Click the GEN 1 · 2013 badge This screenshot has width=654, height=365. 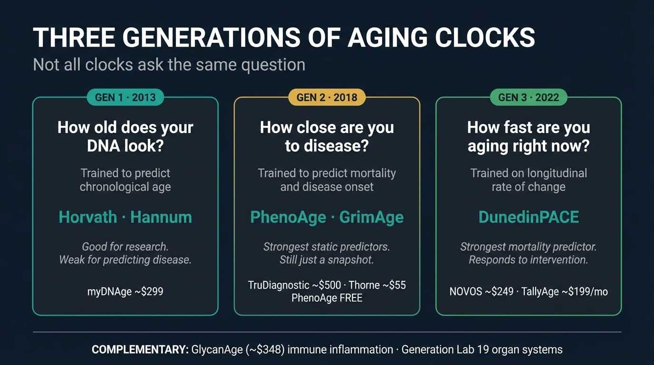[x=125, y=97]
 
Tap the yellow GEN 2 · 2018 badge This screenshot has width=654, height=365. [x=327, y=97]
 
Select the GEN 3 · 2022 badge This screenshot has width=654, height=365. [x=529, y=97]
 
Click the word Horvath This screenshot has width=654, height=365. [x=88, y=217]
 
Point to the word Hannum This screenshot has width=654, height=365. [x=161, y=217]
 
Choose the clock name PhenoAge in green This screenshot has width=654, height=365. [x=288, y=218]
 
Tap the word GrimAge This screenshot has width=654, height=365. [x=371, y=218]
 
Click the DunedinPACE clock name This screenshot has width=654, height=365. [x=529, y=217]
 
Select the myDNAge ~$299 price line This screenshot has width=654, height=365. [x=125, y=291]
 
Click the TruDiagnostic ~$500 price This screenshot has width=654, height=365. [x=295, y=285]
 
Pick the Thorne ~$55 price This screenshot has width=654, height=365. [x=377, y=285]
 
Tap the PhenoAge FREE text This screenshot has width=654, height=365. [x=327, y=298]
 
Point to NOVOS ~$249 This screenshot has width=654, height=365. [x=481, y=291]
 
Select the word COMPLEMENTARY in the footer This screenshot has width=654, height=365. [x=140, y=349]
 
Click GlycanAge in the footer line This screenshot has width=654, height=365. [x=217, y=349]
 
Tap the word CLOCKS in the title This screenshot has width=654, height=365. [x=485, y=38]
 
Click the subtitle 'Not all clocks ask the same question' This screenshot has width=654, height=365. [x=169, y=65]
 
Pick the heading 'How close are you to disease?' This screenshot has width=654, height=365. [x=327, y=137]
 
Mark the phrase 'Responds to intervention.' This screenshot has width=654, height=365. [x=529, y=259]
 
